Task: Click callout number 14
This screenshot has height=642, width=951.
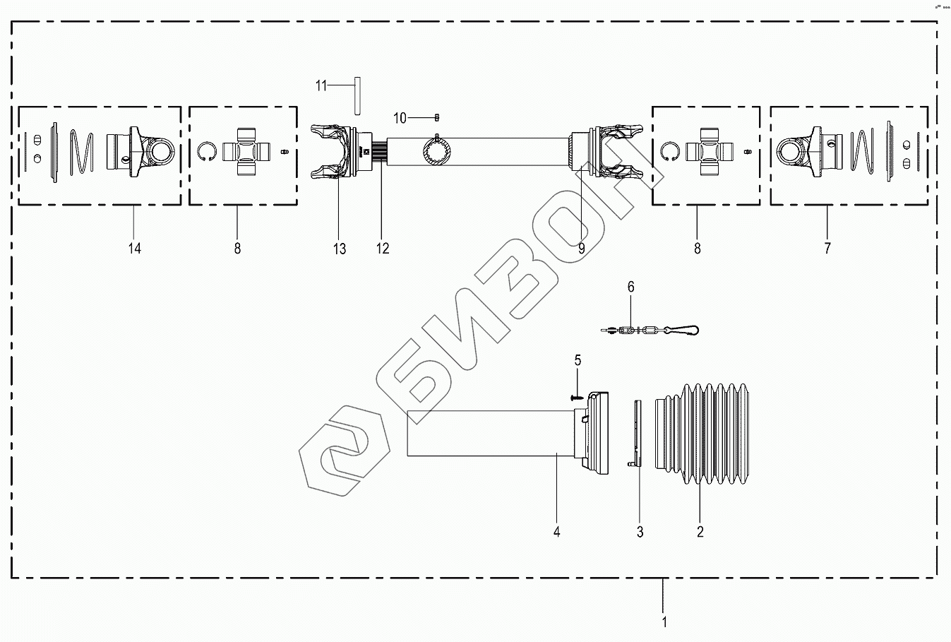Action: (134, 248)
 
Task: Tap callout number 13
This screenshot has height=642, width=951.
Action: (340, 248)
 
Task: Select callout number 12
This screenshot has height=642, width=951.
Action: (383, 248)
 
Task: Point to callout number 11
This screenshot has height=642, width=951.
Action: (321, 86)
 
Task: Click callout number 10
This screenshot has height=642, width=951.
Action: (400, 117)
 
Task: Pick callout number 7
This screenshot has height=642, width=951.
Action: (827, 248)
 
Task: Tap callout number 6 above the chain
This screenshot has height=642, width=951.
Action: (631, 287)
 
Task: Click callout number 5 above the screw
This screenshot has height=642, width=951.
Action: (578, 360)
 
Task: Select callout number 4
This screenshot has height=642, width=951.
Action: (557, 532)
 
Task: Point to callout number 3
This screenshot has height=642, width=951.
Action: (640, 532)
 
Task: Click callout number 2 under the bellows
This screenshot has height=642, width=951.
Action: (700, 532)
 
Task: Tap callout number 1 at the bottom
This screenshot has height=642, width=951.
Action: (664, 622)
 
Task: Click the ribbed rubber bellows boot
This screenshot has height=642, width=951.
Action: (702, 435)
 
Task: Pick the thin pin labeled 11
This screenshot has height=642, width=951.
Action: (357, 95)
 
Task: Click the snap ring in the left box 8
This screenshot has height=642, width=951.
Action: (207, 151)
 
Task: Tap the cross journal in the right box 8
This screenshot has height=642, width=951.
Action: (710, 151)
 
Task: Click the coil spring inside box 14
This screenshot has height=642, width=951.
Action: (81, 151)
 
